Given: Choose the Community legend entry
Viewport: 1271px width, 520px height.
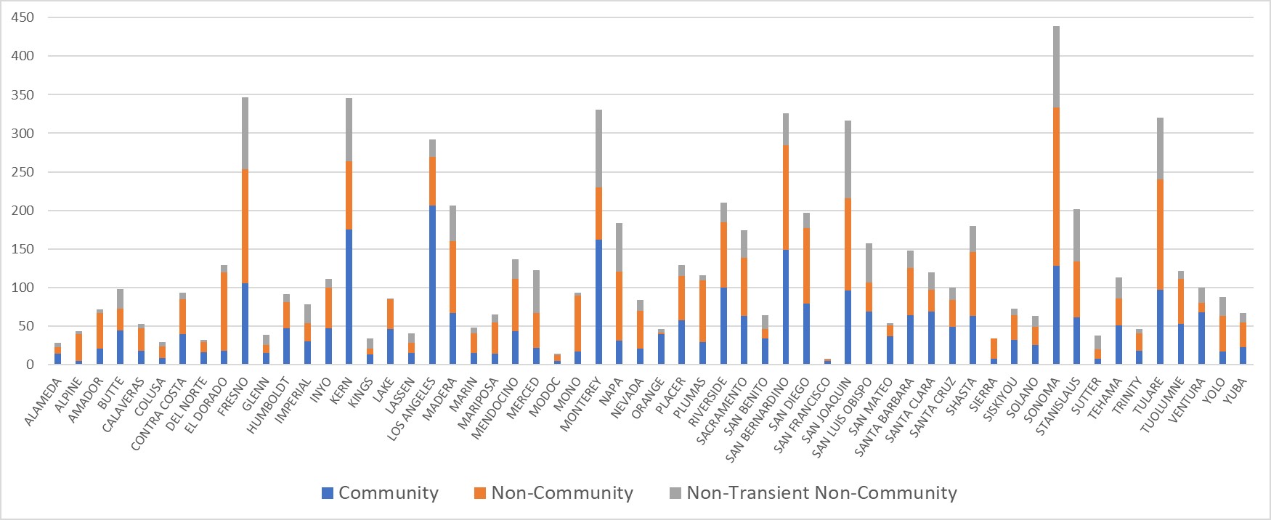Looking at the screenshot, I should [x=381, y=493].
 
